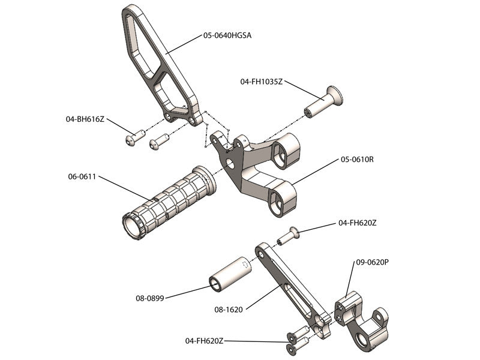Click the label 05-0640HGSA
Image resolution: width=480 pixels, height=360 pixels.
pos(227,35)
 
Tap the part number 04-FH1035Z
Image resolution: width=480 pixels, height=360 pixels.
pos(261,81)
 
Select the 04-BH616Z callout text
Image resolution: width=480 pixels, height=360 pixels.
pos(85,119)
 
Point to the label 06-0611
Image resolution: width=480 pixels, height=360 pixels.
pos(83,177)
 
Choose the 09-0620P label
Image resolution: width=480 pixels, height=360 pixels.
pos(373,262)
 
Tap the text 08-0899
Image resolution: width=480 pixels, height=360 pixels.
pos(150,296)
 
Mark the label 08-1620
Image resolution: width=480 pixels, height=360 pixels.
pos(229,310)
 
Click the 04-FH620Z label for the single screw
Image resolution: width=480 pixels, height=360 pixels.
pos(358,223)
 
